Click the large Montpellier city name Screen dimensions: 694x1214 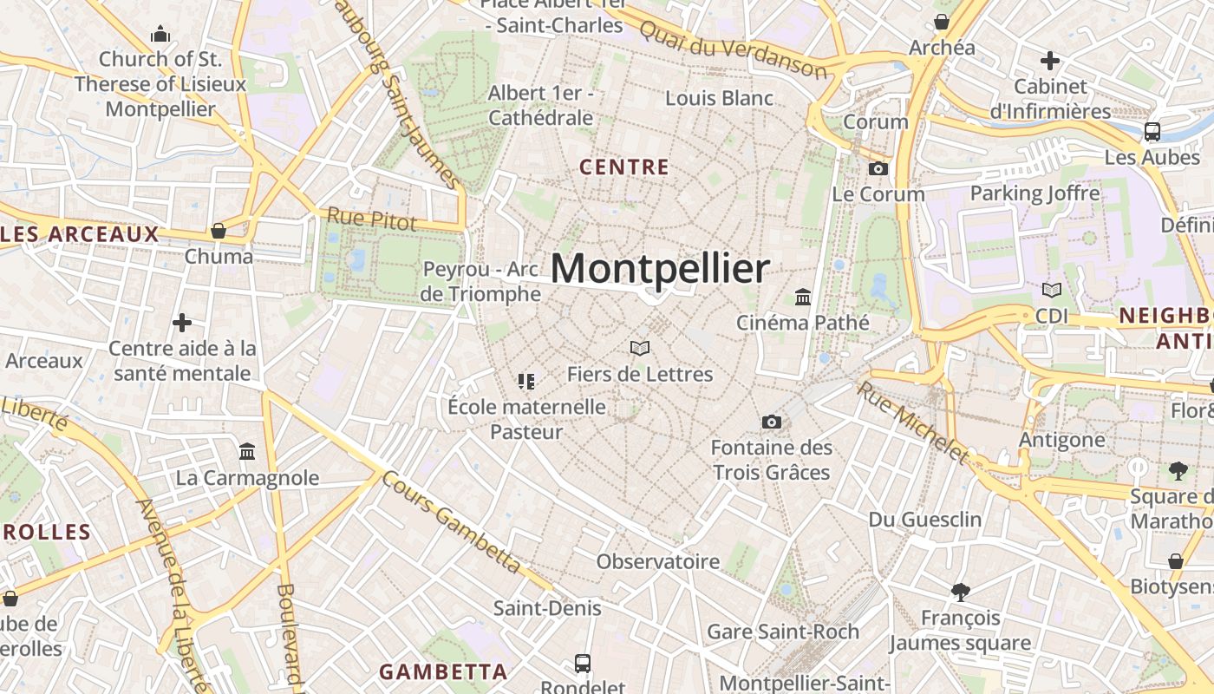(x=660, y=269)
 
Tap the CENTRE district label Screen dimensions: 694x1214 (x=624, y=167)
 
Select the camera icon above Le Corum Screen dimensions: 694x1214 (x=878, y=168)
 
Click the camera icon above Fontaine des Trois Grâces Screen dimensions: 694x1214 (x=772, y=422)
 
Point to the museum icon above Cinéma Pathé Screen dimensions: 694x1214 (x=803, y=298)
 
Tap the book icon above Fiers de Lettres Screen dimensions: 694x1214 (x=640, y=348)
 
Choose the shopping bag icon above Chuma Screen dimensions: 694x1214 (x=219, y=231)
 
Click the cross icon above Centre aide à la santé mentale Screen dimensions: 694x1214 (x=182, y=323)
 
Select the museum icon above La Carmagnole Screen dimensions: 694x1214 (x=247, y=452)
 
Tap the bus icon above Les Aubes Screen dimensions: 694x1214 (x=1152, y=132)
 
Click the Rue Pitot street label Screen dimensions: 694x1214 (x=372, y=219)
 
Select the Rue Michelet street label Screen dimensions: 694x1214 (x=912, y=422)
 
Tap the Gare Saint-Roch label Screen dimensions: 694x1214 (x=783, y=632)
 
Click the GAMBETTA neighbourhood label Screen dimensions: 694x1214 (x=443, y=671)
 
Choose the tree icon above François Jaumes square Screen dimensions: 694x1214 (x=960, y=593)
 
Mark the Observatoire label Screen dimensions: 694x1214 (x=658, y=561)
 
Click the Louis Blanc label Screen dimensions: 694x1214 (x=720, y=98)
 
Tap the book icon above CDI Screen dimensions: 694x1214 (x=1052, y=291)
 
